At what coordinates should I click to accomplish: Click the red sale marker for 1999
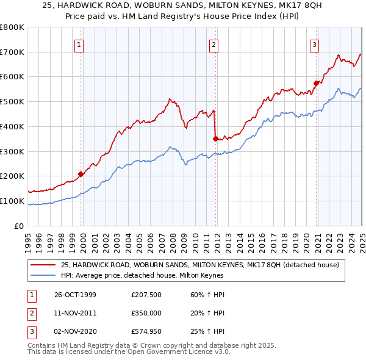tap(81, 175)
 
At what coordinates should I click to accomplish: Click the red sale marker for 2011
tap(215, 139)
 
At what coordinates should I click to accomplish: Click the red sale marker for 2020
tap(316, 83)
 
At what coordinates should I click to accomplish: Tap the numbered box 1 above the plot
tap(80, 44)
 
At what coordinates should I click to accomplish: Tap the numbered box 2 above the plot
tap(214, 44)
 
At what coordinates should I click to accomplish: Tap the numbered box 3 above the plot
tap(314, 44)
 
